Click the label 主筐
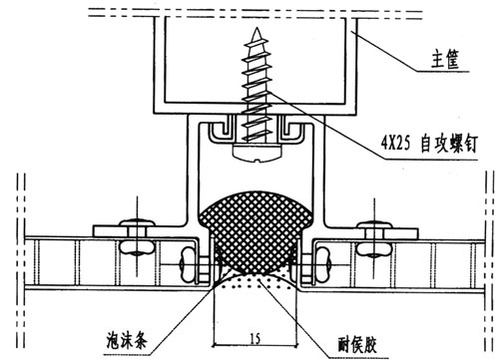pyautogui.click(x=446, y=60)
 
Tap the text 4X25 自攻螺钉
pyautogui.click(x=429, y=144)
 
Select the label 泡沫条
pyautogui.click(x=127, y=340)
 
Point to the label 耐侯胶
pyautogui.click(x=357, y=344)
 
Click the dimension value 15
pyautogui.click(x=254, y=339)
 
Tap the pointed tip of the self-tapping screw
pyautogui.click(x=256, y=29)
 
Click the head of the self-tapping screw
pyautogui.click(x=256, y=153)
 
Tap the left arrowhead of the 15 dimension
pyautogui.click(x=215, y=345)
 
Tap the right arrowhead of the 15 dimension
pyautogui.click(x=295, y=345)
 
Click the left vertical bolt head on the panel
pyautogui.click(x=137, y=221)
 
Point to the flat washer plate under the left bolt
pyautogui.click(x=122, y=231)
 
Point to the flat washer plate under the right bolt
pyautogui.click(x=388, y=233)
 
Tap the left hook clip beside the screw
pyautogui.click(x=221, y=132)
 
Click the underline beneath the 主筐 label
pyautogui.click(x=443, y=72)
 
